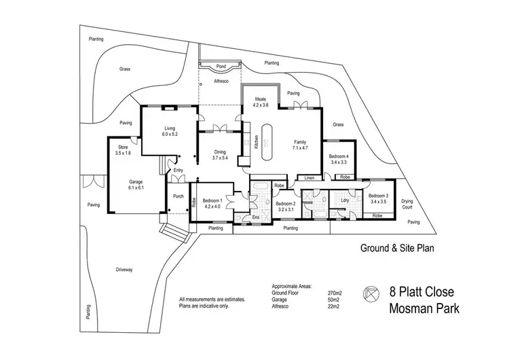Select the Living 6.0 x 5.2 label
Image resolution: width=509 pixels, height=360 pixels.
pyautogui.click(x=170, y=132)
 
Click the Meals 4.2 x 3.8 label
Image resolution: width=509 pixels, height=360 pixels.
pyautogui.click(x=261, y=103)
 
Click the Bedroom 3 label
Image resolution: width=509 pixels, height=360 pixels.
pyautogui.click(x=378, y=198)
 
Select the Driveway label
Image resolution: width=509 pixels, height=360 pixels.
pyautogui.click(x=124, y=270)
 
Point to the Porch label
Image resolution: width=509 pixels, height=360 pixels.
pyautogui.click(x=178, y=196)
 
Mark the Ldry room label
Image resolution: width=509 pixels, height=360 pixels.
pyautogui.click(x=345, y=200)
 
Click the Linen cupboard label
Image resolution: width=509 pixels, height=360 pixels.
pyautogui.click(x=309, y=178)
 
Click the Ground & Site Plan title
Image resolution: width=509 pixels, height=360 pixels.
pyautogui.click(x=396, y=249)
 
